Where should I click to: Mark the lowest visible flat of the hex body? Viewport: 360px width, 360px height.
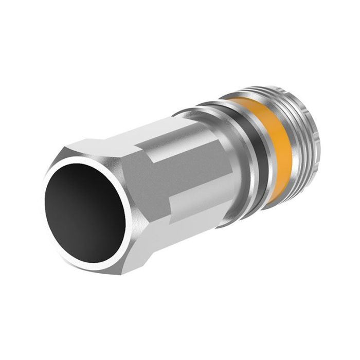tap(165, 226)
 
